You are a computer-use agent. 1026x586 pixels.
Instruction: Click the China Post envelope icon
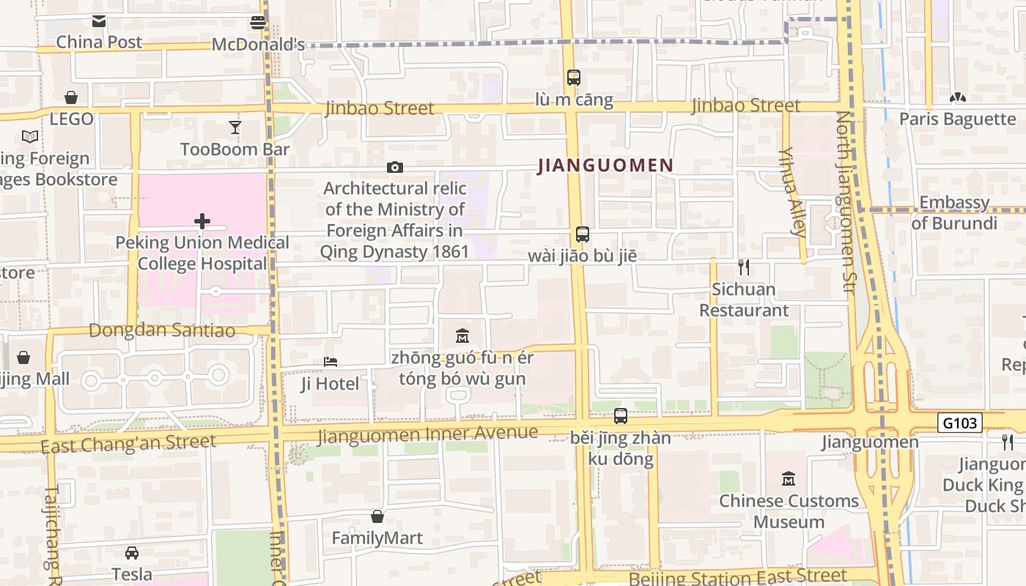(x=99, y=21)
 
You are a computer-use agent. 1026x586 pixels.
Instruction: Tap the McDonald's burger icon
(x=257, y=22)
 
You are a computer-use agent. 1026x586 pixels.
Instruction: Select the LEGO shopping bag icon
(x=71, y=97)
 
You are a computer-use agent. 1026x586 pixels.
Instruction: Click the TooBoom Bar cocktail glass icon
(x=235, y=127)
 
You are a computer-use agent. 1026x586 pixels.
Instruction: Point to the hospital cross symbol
(x=202, y=220)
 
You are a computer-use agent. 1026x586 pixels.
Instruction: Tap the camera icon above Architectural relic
(x=395, y=168)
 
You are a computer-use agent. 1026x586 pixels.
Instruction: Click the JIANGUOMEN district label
(x=605, y=166)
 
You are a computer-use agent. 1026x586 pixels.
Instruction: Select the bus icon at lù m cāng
(x=574, y=78)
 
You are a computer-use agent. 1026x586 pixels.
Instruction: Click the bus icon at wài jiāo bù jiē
(x=583, y=234)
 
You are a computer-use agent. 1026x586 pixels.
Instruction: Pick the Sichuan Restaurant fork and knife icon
(x=744, y=267)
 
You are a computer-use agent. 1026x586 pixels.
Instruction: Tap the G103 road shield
(x=959, y=423)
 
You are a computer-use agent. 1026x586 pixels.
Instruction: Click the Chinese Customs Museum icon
(x=789, y=479)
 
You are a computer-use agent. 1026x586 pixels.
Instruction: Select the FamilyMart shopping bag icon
(x=377, y=516)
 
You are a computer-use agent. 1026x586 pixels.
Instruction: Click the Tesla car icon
(x=132, y=552)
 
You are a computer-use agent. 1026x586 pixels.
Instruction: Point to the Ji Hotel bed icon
(x=331, y=362)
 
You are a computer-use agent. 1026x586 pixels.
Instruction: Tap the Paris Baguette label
(x=957, y=119)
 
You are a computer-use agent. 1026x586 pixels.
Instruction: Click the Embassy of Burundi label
(x=954, y=212)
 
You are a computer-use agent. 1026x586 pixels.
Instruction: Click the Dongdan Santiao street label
(x=162, y=330)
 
